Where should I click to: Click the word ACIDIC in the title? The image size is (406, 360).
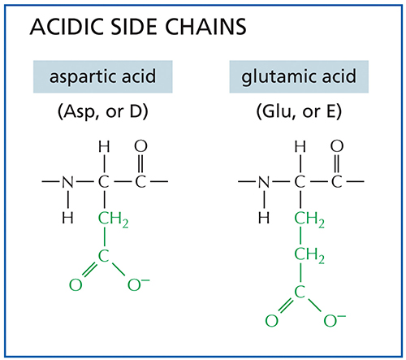point(67,27)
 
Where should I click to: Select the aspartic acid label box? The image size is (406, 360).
point(103,76)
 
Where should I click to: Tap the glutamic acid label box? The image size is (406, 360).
point(299,76)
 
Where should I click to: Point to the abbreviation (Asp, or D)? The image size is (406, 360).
point(103,111)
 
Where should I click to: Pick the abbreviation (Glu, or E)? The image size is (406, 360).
point(299,111)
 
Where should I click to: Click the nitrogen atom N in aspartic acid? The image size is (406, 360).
point(67,182)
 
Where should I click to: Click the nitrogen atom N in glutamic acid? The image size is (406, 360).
point(264,182)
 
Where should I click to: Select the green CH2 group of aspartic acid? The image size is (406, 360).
point(113,219)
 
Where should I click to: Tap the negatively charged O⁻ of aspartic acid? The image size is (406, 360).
point(138,284)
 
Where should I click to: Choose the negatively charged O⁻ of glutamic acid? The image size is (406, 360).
point(335,320)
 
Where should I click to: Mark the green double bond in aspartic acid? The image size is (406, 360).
point(89,270)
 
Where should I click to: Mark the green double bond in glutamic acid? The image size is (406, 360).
point(285,306)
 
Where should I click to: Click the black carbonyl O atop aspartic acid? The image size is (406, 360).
point(140,146)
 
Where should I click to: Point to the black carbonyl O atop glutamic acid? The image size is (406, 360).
point(337,146)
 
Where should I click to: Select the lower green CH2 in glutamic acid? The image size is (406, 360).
point(309,256)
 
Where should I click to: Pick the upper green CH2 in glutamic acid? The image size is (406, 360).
point(309,219)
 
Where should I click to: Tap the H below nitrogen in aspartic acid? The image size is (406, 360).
point(67,218)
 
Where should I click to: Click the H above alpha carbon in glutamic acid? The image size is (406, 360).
point(300,147)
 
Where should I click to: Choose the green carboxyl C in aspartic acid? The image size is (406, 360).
point(103,256)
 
